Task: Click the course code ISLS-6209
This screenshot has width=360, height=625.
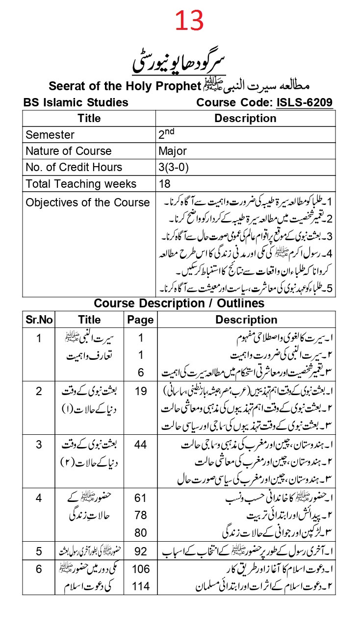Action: click(x=305, y=102)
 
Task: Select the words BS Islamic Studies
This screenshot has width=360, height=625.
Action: click(x=76, y=102)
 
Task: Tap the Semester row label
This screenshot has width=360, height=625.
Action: click(x=50, y=135)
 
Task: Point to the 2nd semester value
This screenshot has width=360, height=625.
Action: click(x=167, y=133)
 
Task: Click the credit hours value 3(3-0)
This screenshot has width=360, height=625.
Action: click(x=174, y=167)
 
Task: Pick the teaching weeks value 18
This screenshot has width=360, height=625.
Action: click(x=165, y=184)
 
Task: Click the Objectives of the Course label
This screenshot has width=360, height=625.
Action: click(x=88, y=202)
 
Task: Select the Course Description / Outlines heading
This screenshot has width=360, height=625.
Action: click(x=179, y=303)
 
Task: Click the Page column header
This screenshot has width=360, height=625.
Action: click(x=140, y=320)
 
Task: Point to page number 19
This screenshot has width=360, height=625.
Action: click(x=140, y=391)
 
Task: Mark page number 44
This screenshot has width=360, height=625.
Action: click(x=140, y=445)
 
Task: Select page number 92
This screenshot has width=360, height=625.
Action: click(x=140, y=551)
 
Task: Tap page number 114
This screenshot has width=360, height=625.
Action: click(x=140, y=585)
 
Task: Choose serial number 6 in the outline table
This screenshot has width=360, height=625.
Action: click(x=39, y=569)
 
